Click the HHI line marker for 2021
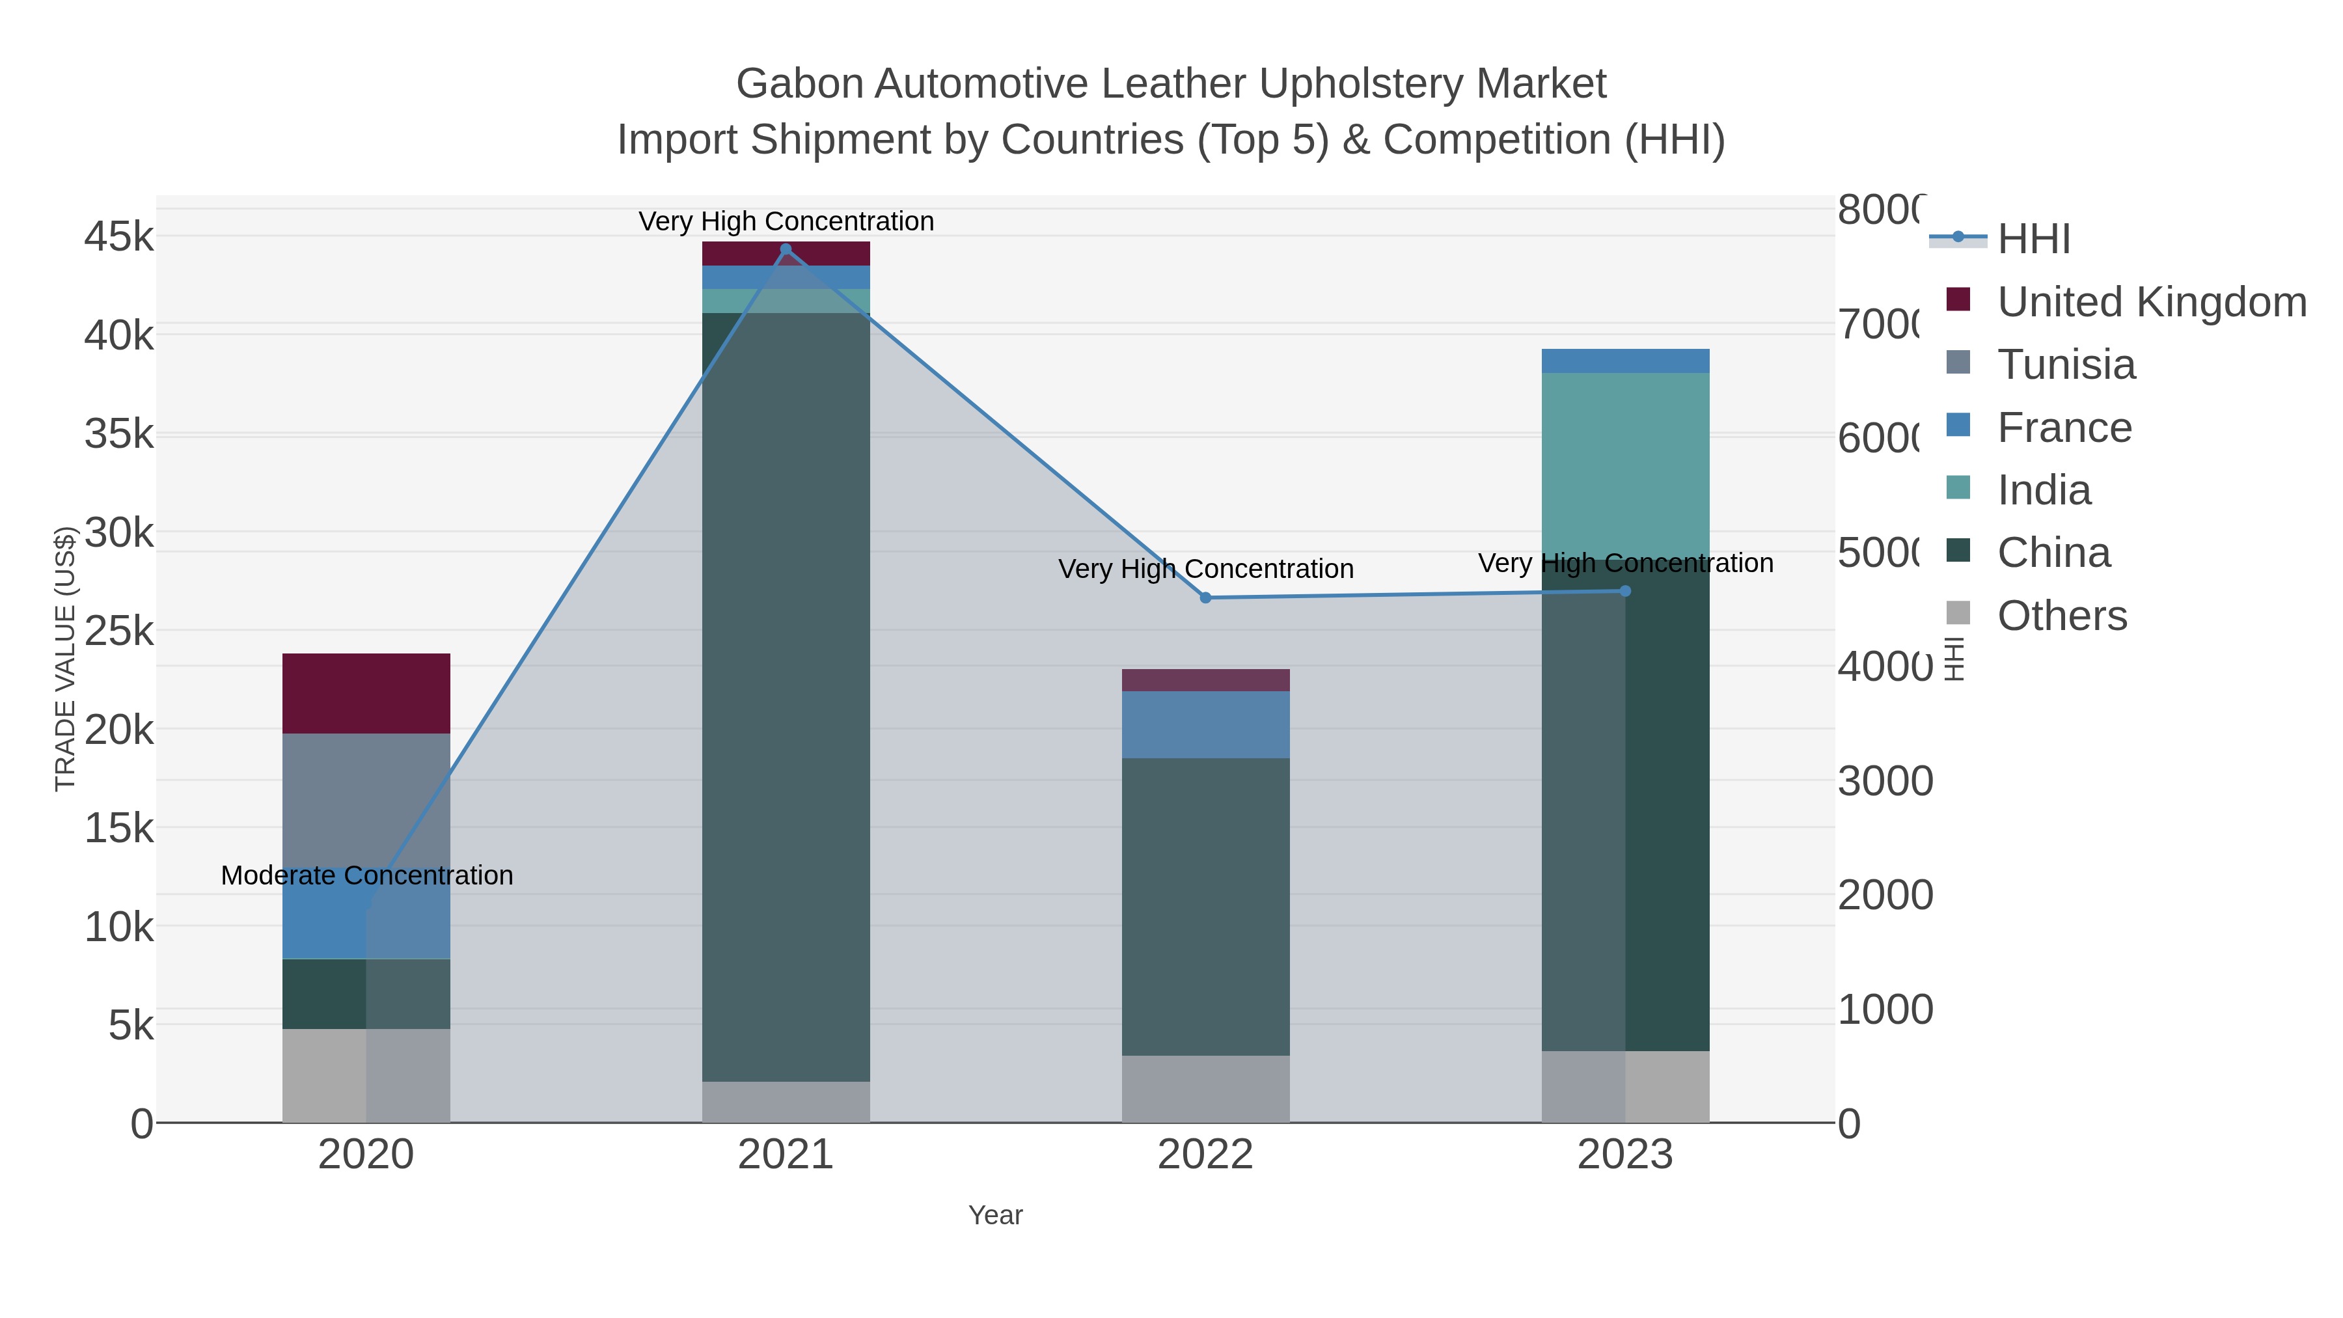(x=786, y=249)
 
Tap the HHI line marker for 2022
(x=1205, y=597)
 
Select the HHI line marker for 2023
(x=1625, y=591)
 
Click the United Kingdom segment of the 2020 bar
(x=366, y=693)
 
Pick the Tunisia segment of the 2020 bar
(x=366, y=801)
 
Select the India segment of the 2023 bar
(x=1625, y=464)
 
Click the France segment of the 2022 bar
(x=1205, y=725)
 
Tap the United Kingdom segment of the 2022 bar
(x=1205, y=680)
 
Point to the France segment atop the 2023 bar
(x=1625, y=361)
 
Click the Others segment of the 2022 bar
(x=1205, y=1089)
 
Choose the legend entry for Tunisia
(x=2066, y=364)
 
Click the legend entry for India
(x=2044, y=490)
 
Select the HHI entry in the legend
(x=2034, y=240)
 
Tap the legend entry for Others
(x=2061, y=616)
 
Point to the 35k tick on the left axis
(x=119, y=435)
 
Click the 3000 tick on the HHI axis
(x=1885, y=781)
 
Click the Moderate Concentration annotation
(x=366, y=875)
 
